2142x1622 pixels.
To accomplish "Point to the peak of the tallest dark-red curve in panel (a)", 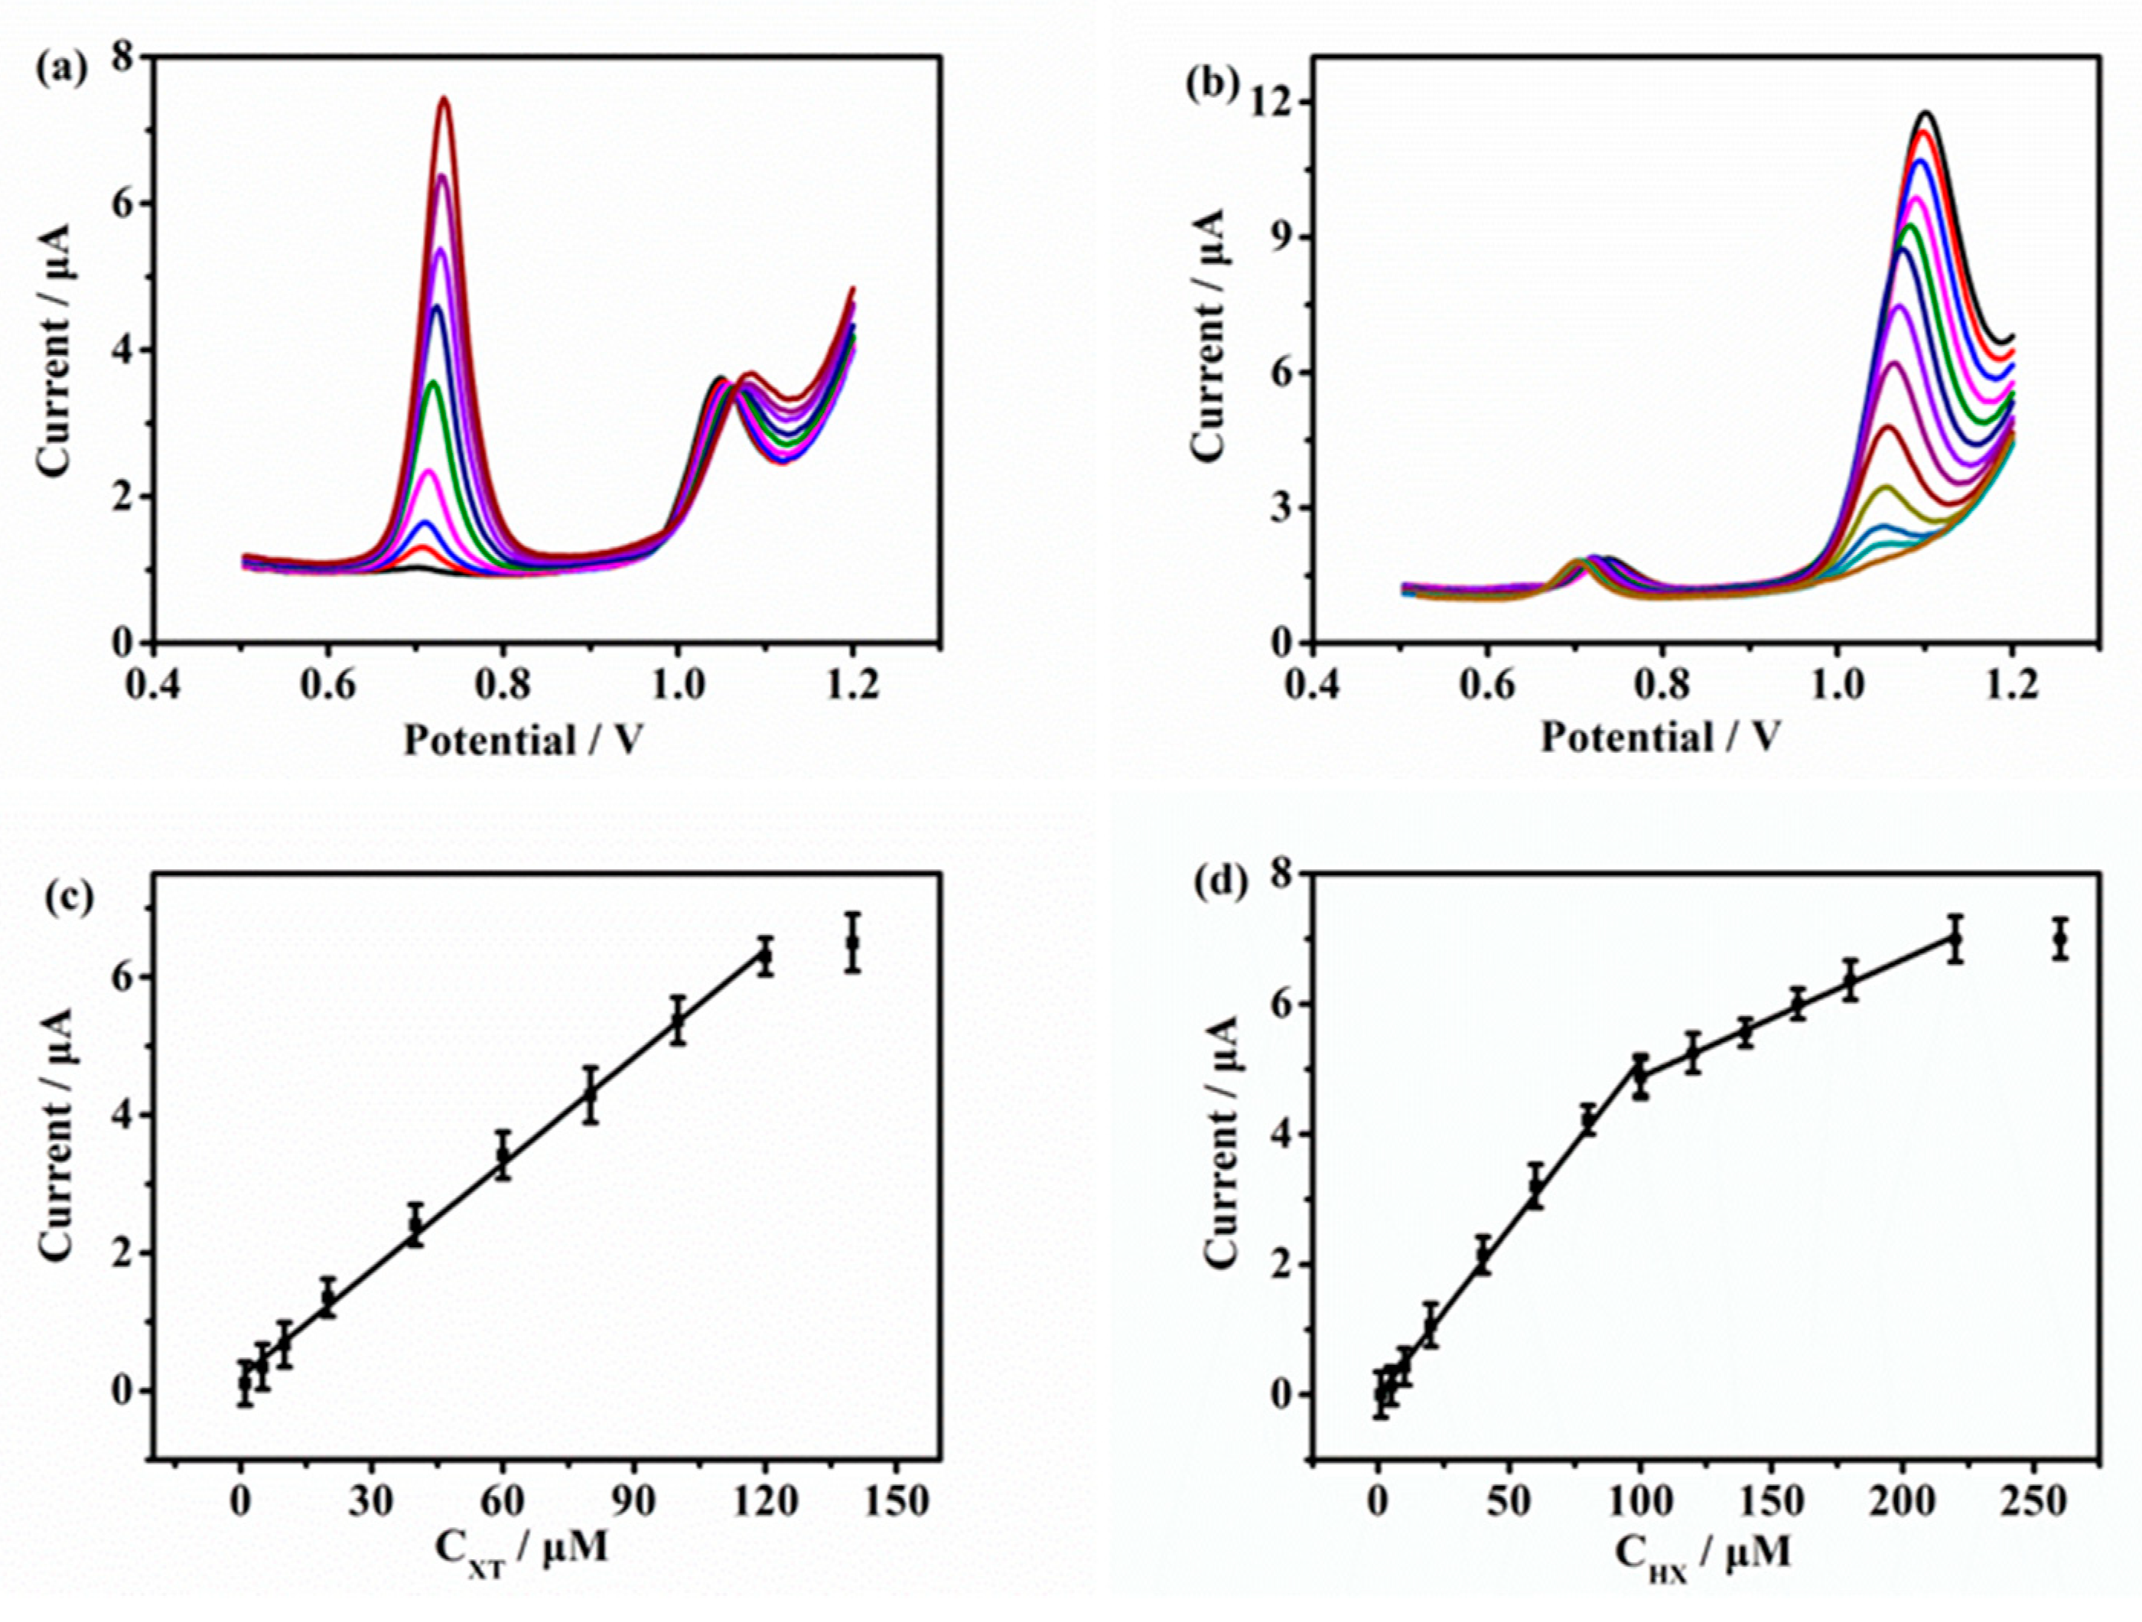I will [x=444, y=99].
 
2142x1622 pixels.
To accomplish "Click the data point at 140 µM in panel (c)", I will [x=852, y=941].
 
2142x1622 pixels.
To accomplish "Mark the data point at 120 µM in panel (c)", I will [x=765, y=956].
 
